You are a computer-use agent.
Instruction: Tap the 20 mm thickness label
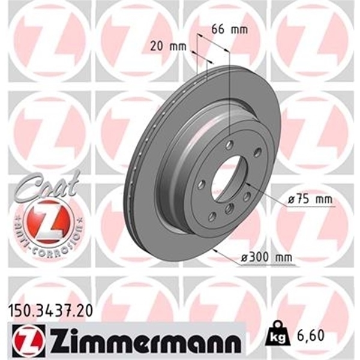(x=166, y=44)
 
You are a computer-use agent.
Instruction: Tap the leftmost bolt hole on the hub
(x=202, y=184)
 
